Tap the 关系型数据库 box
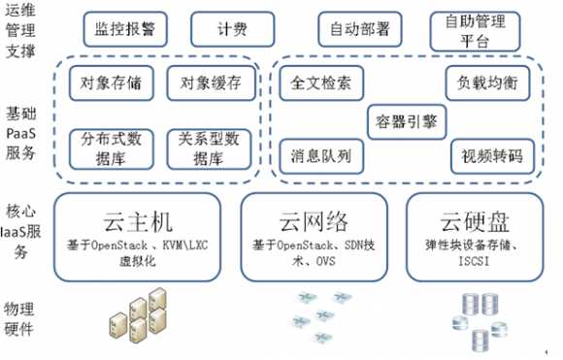coord(205,146)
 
